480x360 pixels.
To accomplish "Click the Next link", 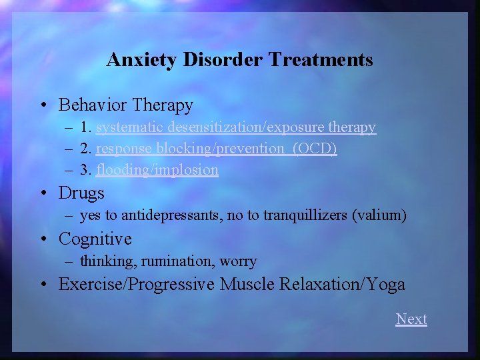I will tap(411, 319).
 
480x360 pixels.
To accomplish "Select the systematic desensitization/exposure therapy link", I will tap(236, 127).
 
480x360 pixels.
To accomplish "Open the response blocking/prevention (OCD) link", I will tap(216, 148).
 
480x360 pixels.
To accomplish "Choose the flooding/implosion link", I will tap(157, 169).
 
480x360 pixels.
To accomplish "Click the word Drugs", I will tap(81, 193).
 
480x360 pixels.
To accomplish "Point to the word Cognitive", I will tap(95, 239).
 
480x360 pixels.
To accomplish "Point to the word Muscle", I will tap(247, 284).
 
